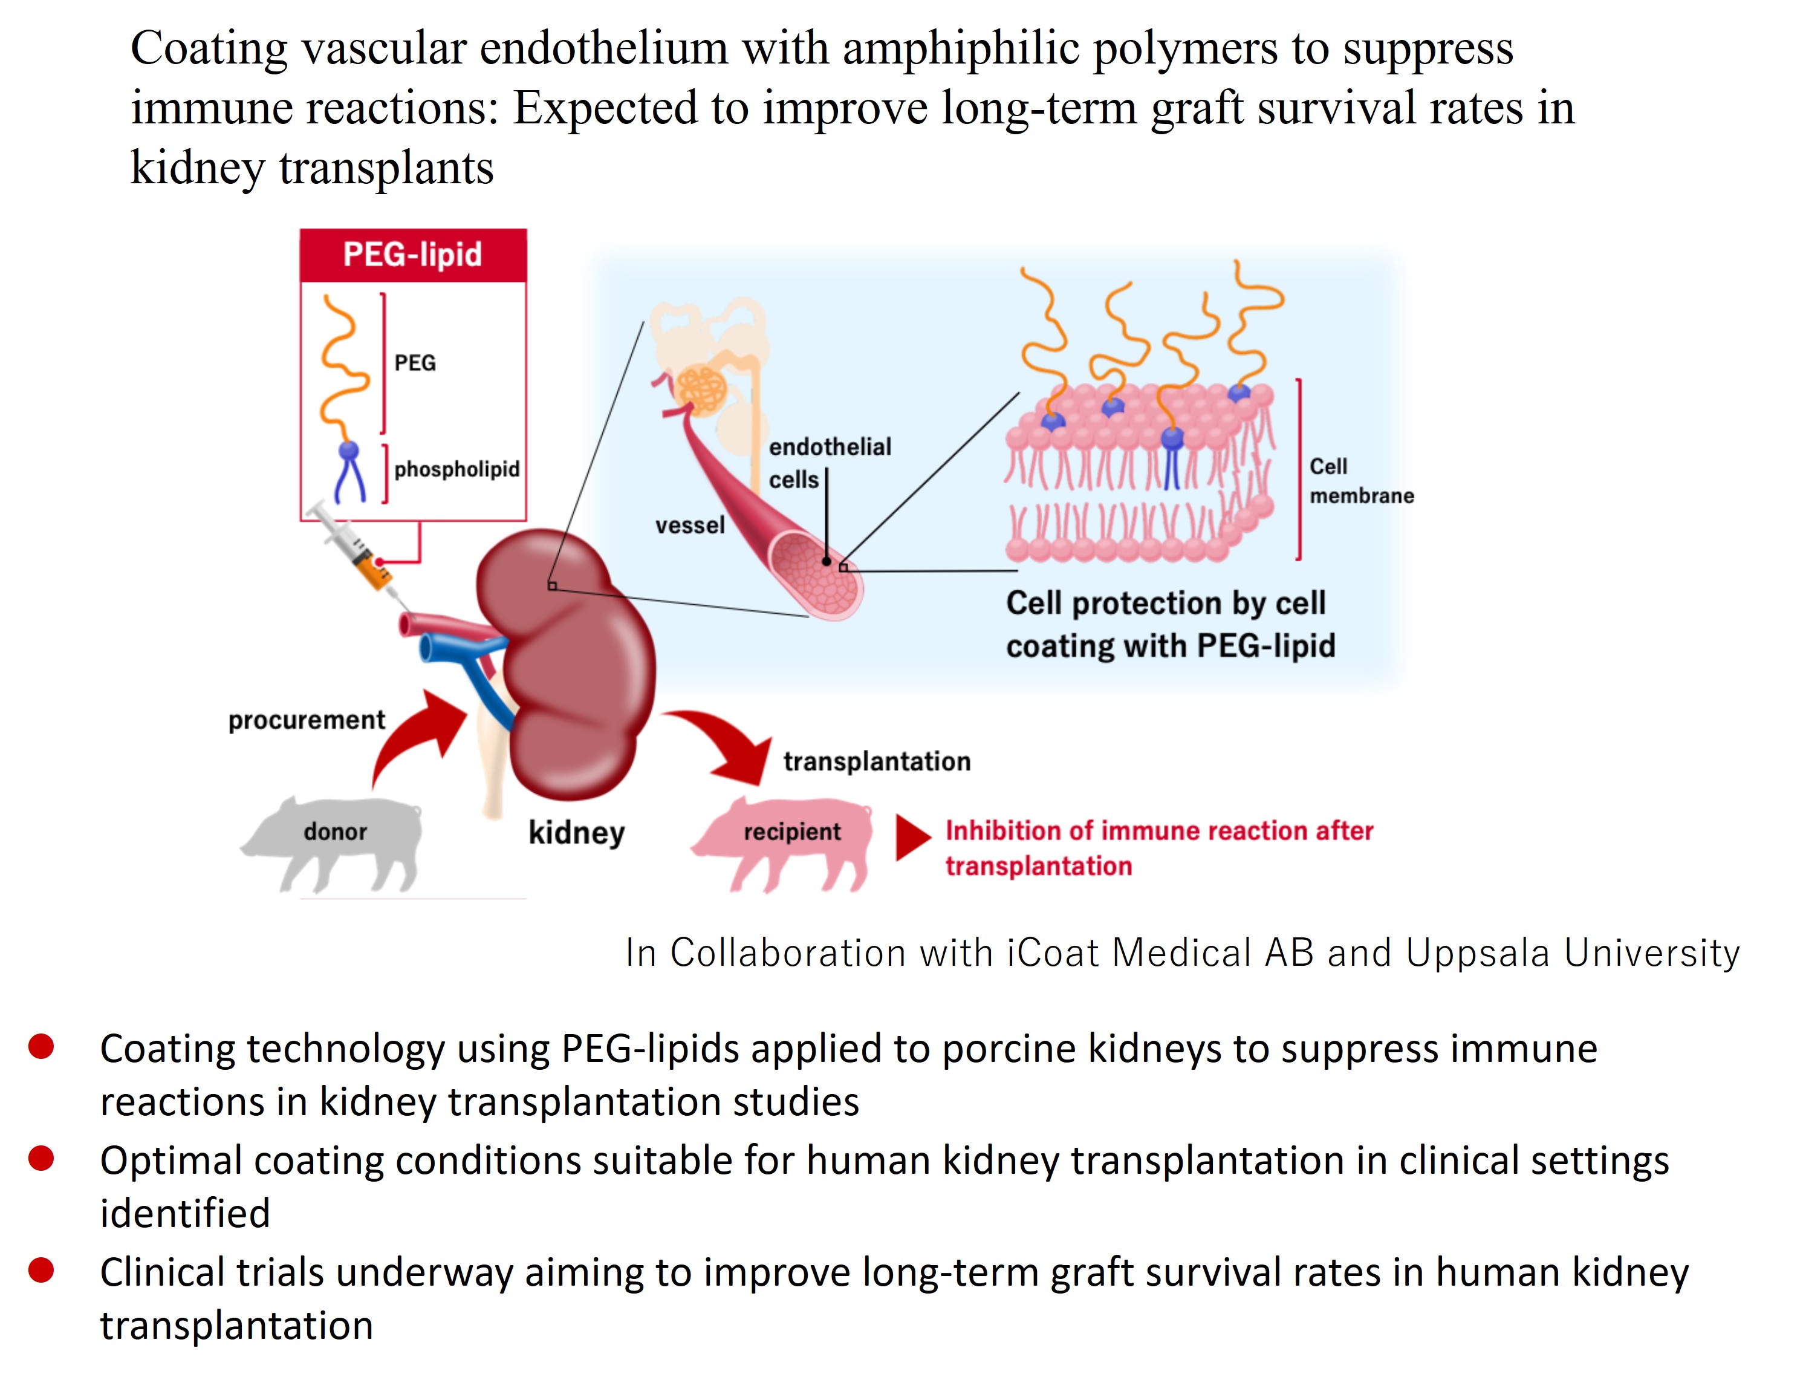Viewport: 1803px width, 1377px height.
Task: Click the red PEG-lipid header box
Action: click(x=412, y=255)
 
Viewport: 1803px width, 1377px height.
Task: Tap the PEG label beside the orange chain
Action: click(x=415, y=363)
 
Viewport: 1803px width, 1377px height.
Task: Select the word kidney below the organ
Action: click(x=576, y=833)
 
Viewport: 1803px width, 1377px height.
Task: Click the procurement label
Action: click(x=306, y=720)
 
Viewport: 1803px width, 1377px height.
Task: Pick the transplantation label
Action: click(x=876, y=761)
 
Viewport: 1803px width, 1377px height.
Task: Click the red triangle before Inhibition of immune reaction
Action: click(x=911, y=838)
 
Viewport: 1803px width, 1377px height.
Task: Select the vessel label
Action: click(x=689, y=526)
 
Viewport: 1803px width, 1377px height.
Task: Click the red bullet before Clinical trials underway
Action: click(x=41, y=1271)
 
